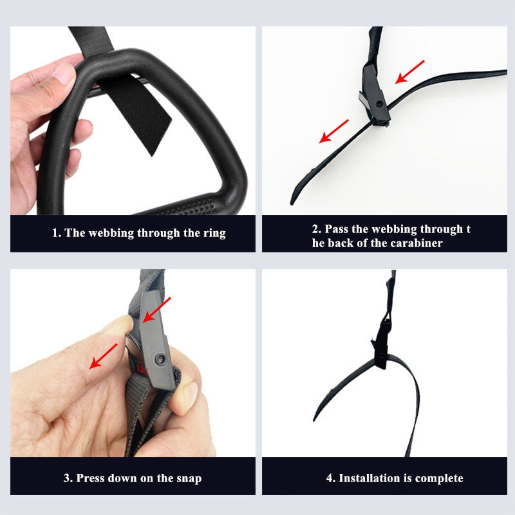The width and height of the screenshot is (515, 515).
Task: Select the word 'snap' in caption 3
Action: [188, 478]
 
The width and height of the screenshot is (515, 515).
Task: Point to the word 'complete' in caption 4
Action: [433, 478]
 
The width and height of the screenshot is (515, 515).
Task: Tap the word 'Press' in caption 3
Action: [91, 478]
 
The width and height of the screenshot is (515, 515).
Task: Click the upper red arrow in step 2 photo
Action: [410, 71]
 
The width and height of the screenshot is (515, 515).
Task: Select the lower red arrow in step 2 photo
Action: [334, 131]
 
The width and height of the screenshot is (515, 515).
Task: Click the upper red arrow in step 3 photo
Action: [156, 310]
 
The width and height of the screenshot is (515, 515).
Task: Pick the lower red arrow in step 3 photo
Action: [104, 356]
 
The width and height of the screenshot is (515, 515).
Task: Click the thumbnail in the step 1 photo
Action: [64, 72]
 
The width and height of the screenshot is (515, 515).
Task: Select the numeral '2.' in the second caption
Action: [317, 229]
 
